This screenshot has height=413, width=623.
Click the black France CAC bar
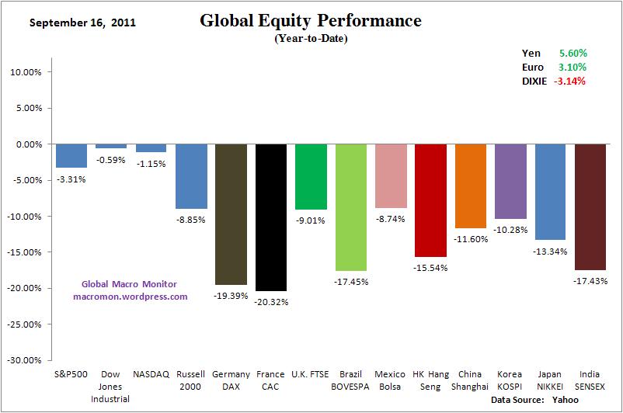point(271,217)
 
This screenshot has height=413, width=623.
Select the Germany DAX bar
point(231,214)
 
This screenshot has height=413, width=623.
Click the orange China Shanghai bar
point(471,186)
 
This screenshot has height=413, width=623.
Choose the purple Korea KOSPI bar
point(510,182)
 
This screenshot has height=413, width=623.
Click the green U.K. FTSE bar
point(311,177)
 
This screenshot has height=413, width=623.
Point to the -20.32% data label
point(271,302)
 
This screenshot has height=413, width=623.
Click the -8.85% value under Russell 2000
point(191,220)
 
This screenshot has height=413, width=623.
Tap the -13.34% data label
point(551,252)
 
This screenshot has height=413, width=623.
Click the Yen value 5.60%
point(573,53)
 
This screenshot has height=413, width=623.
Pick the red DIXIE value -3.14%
point(570,81)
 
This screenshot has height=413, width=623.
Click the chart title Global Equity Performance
point(311,21)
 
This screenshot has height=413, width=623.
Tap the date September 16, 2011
point(82,23)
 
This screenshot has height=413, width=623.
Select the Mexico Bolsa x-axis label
point(391,380)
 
